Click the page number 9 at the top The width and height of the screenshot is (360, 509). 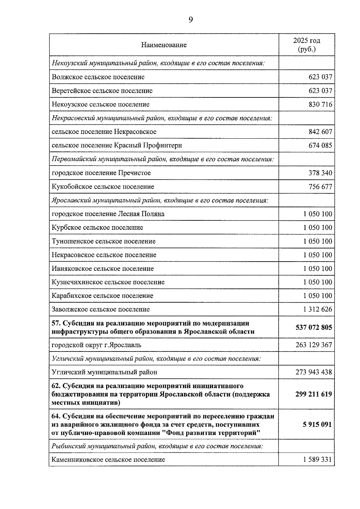pyautogui.click(x=191, y=20)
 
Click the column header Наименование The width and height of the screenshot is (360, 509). pyautogui.click(x=164, y=45)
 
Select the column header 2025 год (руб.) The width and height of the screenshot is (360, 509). pyautogui.click(x=306, y=45)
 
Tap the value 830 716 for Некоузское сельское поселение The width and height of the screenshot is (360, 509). pyautogui.click(x=320, y=105)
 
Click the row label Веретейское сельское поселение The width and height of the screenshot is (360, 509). pyautogui.click(x=102, y=91)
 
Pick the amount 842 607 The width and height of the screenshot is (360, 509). pyautogui.click(x=320, y=132)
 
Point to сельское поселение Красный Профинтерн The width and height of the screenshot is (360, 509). pyautogui.click(x=117, y=146)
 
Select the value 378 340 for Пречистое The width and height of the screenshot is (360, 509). pyautogui.click(x=320, y=173)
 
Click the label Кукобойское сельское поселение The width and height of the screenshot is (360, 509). pyautogui.click(x=103, y=187)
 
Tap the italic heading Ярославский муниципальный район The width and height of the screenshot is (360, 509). pyautogui.click(x=160, y=200)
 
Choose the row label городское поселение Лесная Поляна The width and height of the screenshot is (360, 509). pyautogui.click(x=108, y=214)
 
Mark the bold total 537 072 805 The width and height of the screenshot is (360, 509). pyautogui.click(x=313, y=328)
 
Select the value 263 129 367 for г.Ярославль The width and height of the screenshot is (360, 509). pyautogui.click(x=313, y=345)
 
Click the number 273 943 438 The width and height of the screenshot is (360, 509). pyautogui.click(x=313, y=373)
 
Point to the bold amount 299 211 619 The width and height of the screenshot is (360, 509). pyautogui.click(x=313, y=394)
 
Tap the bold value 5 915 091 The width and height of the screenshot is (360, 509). pyautogui.click(x=317, y=425)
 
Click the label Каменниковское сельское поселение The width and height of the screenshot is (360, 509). pyautogui.click(x=108, y=460)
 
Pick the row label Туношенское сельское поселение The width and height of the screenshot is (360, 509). pyautogui.click(x=103, y=241)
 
